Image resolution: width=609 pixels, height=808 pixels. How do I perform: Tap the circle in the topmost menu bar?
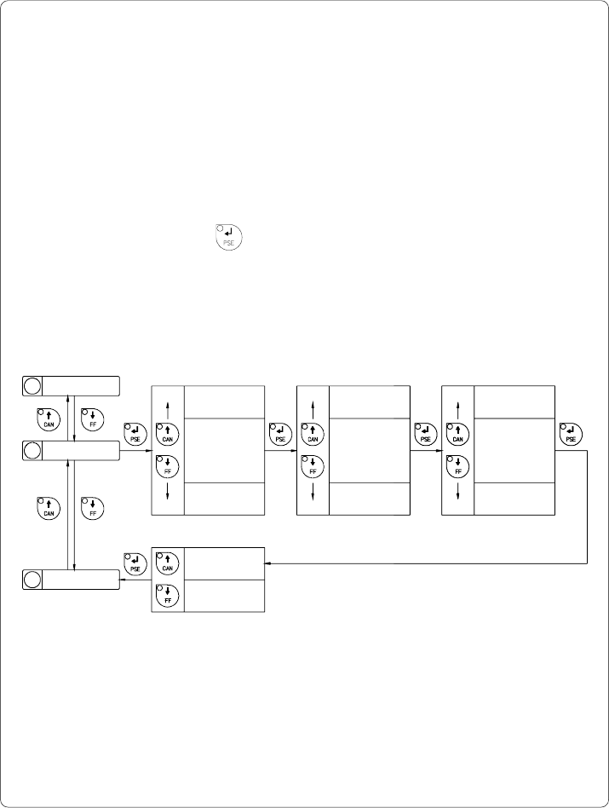[x=32, y=385]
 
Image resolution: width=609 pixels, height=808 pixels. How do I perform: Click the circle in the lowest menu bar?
[x=32, y=580]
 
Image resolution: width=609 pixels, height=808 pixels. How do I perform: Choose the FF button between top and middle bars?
[x=92, y=419]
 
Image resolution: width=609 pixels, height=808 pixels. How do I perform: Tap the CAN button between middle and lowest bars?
[x=49, y=508]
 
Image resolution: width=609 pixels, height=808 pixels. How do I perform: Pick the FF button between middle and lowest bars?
[x=92, y=508]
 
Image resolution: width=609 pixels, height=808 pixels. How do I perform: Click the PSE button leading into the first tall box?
[x=135, y=433]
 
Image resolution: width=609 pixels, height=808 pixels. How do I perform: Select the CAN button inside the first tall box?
[x=168, y=433]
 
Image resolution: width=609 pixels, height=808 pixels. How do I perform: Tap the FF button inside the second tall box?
[x=313, y=465]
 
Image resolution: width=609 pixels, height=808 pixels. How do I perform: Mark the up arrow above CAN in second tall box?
[x=313, y=405]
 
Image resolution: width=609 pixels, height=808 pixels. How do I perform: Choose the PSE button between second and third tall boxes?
[x=425, y=433]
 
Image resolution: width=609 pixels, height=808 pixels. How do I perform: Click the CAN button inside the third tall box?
[x=457, y=433]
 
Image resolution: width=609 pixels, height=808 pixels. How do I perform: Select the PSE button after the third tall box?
[x=571, y=433]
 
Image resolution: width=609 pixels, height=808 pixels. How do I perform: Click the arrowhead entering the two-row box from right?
[x=269, y=563]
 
